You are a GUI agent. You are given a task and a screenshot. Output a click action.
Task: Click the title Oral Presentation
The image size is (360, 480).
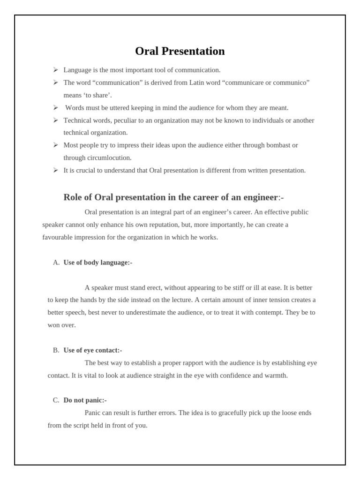(180, 51)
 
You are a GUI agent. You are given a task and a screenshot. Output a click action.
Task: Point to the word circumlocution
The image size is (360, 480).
(108, 158)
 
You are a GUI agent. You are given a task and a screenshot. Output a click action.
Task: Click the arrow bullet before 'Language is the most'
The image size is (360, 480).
(55, 70)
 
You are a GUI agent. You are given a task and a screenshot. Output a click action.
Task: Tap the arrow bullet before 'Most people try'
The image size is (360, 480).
(55, 145)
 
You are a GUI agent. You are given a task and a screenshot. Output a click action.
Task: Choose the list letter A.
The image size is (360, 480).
(56, 262)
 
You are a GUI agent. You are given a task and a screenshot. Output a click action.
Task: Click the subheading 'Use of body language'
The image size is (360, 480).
(97, 262)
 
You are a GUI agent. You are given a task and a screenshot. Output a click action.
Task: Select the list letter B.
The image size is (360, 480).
(56, 350)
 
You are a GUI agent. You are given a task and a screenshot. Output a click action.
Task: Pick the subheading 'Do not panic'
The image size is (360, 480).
(85, 400)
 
